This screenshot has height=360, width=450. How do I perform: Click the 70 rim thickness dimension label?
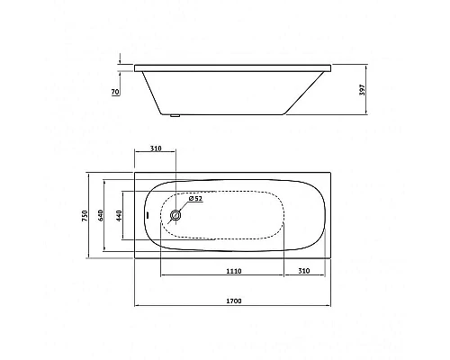(x=115, y=92)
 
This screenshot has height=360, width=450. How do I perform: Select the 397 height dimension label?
(x=363, y=90)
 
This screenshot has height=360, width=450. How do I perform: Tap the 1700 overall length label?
(x=233, y=301)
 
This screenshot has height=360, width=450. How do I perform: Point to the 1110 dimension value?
(x=234, y=271)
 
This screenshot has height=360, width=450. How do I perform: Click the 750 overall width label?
(x=85, y=216)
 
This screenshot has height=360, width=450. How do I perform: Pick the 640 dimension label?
(x=101, y=216)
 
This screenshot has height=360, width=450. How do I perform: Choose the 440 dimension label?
(x=119, y=216)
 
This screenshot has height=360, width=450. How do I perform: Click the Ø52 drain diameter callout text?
(x=195, y=198)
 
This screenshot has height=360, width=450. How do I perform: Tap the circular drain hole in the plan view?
(x=175, y=215)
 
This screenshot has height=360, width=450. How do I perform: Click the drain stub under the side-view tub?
(x=175, y=115)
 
